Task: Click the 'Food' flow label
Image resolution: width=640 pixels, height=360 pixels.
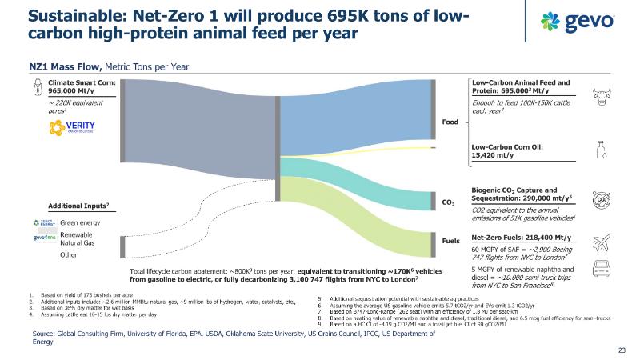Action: pos(450,122)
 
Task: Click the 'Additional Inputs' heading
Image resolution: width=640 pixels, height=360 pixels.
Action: pos(78,206)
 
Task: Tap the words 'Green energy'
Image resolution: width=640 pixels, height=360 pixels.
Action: pos(81,222)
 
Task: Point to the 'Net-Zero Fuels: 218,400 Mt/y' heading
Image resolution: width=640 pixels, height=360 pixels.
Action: pos(521,238)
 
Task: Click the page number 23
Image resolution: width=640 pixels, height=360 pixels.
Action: pos(622,350)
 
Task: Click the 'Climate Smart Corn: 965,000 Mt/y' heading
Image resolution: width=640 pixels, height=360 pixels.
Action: pos(82,87)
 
